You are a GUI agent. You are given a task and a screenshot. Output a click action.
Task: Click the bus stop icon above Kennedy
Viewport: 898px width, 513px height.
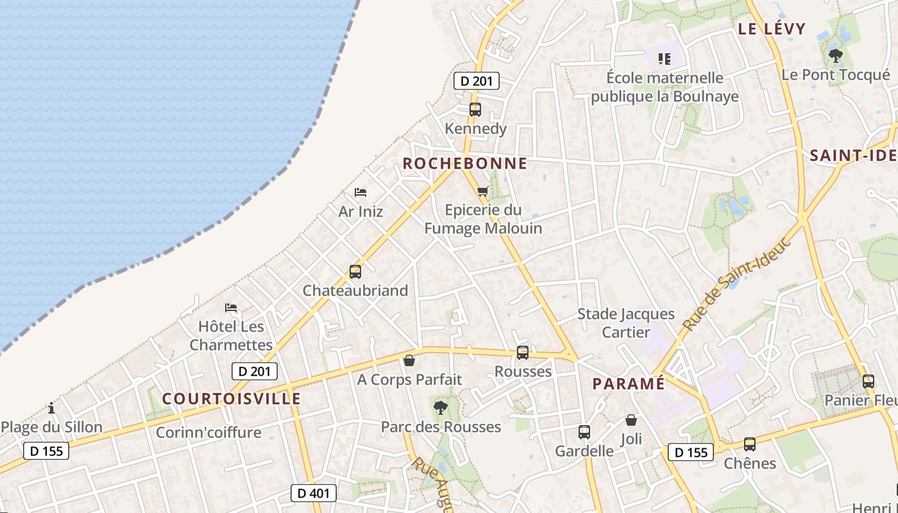475,109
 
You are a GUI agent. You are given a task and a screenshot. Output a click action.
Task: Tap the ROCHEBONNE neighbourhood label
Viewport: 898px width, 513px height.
464,164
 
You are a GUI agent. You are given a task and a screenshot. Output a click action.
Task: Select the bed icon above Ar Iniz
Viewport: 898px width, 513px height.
360,192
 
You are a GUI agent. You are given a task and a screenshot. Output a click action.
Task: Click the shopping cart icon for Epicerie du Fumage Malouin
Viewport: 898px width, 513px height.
483,190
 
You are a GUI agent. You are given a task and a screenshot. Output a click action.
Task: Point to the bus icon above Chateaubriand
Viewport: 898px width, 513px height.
355,271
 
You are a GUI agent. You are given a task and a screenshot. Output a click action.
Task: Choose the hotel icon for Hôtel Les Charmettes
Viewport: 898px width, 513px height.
231,308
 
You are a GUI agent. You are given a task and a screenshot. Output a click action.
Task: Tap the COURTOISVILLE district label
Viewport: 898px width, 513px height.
231,398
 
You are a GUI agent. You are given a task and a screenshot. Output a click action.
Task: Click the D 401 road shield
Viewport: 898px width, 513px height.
314,492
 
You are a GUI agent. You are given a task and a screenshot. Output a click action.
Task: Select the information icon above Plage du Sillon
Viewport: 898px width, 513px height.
51,408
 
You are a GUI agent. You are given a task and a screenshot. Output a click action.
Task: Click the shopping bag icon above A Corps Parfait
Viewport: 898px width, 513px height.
409,360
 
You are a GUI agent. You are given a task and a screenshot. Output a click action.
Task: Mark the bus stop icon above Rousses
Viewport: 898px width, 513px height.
523,352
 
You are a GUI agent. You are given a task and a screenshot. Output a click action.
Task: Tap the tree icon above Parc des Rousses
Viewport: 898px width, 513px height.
441,407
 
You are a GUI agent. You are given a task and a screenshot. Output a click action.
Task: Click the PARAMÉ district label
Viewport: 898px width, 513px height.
628,383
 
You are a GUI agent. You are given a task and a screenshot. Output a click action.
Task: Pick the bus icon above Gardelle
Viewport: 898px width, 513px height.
584,432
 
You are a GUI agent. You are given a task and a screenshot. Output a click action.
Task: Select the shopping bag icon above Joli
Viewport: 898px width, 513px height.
631,421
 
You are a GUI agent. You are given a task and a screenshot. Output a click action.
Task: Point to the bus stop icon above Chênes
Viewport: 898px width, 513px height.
749,444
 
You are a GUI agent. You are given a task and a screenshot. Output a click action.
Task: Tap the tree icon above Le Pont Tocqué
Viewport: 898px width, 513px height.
835,56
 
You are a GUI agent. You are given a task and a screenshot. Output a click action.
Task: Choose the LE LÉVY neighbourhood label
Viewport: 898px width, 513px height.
771,28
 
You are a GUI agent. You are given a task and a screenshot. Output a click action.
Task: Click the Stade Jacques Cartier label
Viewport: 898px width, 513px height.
626,323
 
